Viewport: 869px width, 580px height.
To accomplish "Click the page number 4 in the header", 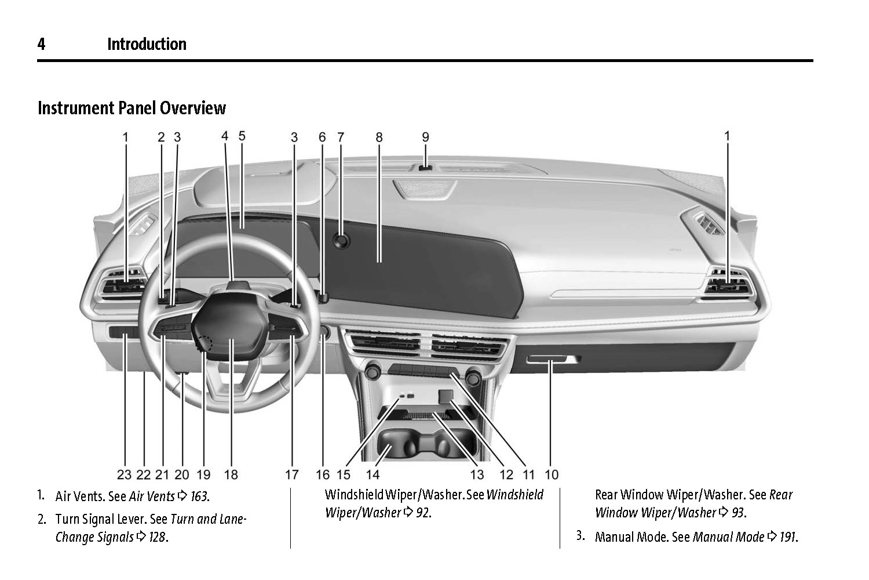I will (x=41, y=45).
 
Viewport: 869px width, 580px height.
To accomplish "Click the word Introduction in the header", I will (x=147, y=45).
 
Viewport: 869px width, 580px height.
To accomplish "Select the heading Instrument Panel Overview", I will (x=132, y=108).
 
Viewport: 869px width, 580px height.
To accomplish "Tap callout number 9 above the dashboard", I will (x=425, y=137).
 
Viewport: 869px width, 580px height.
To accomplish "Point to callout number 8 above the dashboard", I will (x=379, y=137).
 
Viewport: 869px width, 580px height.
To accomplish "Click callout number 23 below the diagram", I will (x=124, y=475).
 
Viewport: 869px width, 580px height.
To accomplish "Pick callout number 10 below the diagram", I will (x=552, y=475).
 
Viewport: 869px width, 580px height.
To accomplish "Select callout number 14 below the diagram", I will (x=373, y=475).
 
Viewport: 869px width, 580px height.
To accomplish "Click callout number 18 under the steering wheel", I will (x=231, y=475).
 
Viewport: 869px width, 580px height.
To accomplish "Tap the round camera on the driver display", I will (x=342, y=240).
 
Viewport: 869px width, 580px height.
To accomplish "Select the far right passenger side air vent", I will (x=727, y=285).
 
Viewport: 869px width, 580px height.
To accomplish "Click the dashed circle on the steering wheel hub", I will (x=205, y=343).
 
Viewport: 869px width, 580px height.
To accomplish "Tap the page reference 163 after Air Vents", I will (x=199, y=496).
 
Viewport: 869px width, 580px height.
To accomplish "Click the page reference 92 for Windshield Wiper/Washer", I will (x=423, y=513).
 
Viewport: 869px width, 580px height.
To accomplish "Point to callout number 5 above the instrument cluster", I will (x=242, y=136).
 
